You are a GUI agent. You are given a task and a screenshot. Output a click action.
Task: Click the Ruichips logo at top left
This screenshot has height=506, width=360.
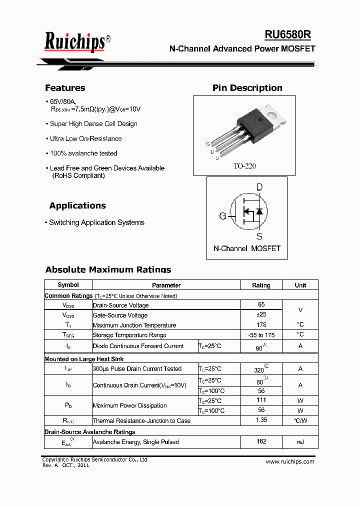coord(75,41)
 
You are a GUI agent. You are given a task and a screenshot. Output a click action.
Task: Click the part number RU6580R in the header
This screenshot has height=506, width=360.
coord(287,34)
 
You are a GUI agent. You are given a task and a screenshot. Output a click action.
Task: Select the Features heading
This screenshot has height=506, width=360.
coord(65,88)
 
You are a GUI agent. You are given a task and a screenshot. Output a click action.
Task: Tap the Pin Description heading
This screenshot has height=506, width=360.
coord(247,88)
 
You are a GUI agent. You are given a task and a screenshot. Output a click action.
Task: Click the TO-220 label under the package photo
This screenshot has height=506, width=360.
coord(244,166)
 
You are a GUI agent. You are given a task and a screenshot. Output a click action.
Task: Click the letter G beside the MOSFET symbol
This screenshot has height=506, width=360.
coord(222,216)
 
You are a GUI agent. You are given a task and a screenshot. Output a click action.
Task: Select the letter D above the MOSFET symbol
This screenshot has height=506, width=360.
coord(259,187)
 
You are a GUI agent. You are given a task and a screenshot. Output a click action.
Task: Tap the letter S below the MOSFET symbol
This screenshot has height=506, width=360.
coord(259,236)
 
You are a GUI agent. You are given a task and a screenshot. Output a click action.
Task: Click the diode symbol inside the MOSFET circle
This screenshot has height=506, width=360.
coord(259,211)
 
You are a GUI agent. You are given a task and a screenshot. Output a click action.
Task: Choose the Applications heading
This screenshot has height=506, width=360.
coord(77,205)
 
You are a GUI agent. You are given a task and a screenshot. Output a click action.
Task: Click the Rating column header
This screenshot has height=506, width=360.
coord(261,285)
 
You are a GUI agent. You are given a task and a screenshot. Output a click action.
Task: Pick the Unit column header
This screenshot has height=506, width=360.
coord(300,285)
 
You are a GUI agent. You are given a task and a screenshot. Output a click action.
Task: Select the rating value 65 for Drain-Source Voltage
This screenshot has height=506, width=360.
coord(261,304)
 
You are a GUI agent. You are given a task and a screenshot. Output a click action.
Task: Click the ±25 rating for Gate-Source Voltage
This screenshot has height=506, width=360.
coord(261,314)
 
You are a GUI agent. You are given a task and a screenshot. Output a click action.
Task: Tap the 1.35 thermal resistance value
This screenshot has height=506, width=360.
coord(261,420)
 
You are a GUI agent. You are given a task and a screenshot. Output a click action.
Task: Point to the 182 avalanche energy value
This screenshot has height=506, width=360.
coord(261,441)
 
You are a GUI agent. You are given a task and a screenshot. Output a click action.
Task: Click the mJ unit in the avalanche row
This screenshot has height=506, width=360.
coord(300,442)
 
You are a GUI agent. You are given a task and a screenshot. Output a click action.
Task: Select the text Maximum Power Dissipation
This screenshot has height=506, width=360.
coord(130,405)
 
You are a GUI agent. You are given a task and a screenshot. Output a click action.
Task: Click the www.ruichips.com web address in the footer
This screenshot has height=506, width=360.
coord(290,461)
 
